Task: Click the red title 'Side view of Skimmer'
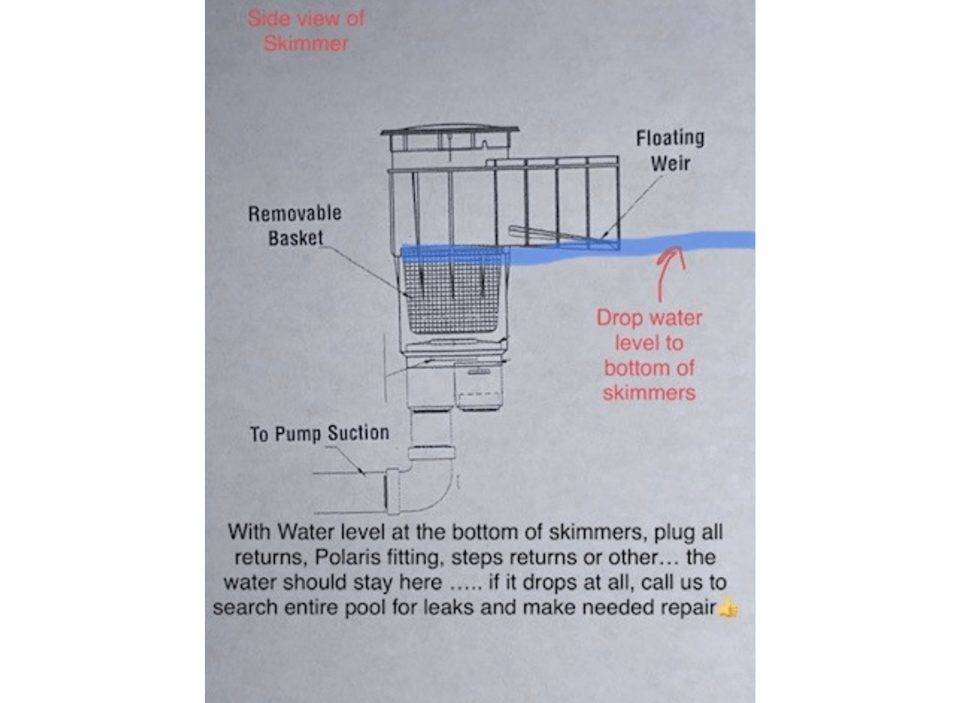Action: tap(306, 30)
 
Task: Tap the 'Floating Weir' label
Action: tap(670, 151)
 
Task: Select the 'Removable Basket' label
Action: tap(295, 226)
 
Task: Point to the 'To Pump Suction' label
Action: tap(319, 434)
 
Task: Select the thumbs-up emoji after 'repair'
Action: tap(728, 608)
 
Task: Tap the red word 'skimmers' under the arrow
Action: tap(649, 393)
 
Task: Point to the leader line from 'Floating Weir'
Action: tap(632, 207)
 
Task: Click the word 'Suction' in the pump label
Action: tap(358, 433)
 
